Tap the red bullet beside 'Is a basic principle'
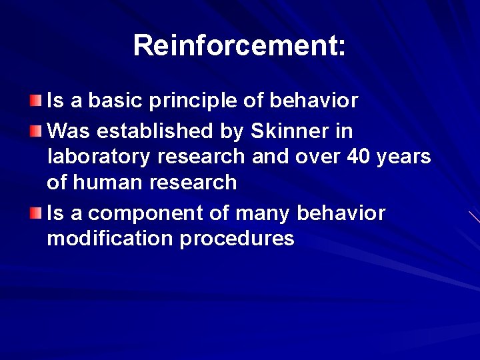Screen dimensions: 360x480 click(x=35, y=101)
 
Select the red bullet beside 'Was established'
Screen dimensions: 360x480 click(x=35, y=130)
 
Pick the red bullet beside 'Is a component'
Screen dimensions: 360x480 click(x=35, y=213)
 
